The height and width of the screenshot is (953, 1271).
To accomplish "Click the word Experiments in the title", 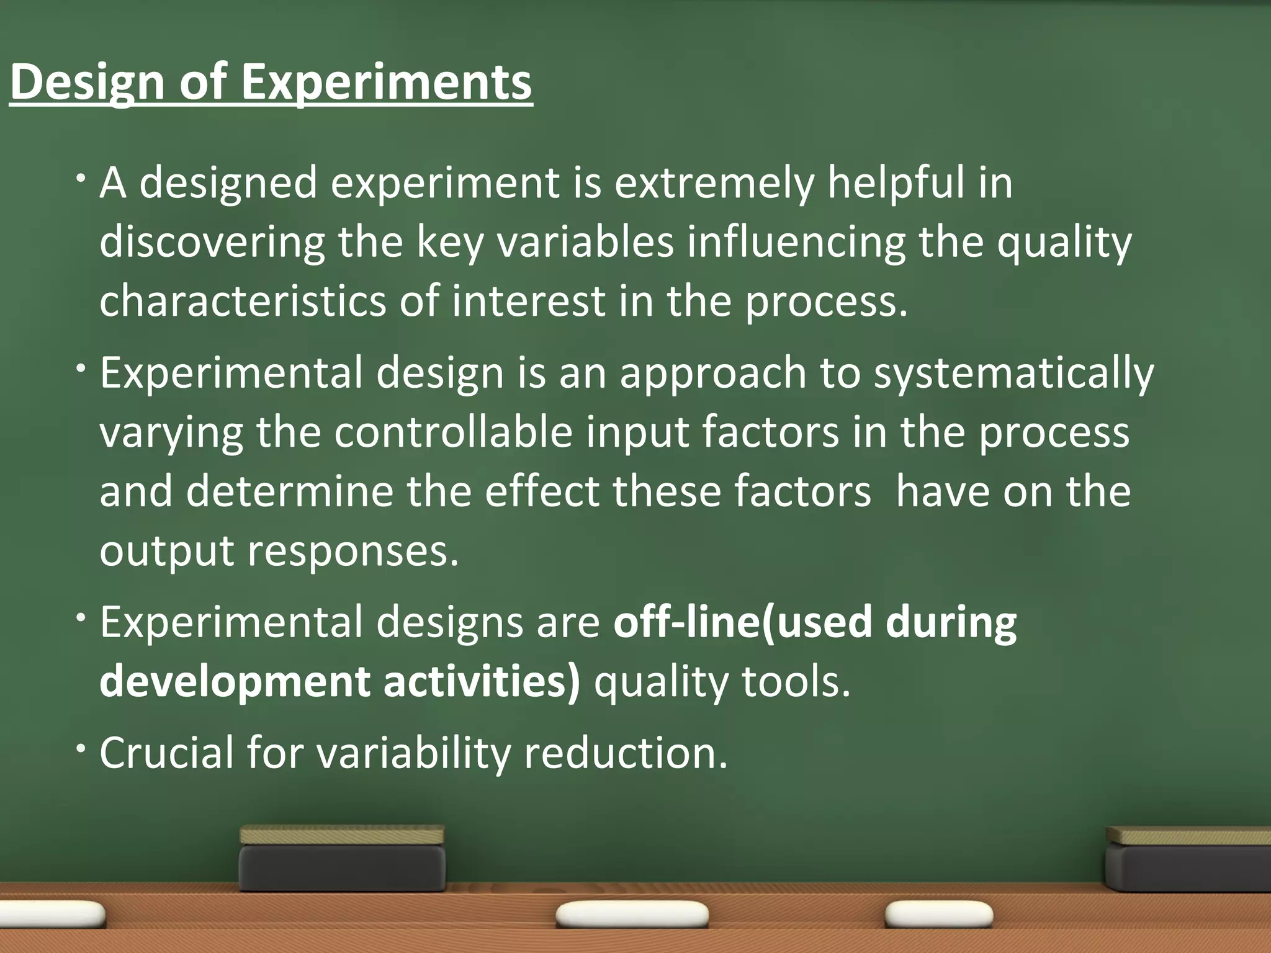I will pos(386,82).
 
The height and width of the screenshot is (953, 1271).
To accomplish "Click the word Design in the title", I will pos(88,82).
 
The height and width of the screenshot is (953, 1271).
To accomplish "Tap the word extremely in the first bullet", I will pos(714,183).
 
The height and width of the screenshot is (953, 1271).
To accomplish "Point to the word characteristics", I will pos(243,301).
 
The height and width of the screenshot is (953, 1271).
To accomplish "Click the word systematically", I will pos(1013,374).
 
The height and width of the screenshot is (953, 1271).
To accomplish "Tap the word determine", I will pos(289,491).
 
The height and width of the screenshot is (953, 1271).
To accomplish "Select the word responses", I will pos(353,551).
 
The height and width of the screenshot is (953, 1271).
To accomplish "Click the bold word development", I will pos(235,681).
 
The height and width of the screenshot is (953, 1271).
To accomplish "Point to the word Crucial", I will pos(166,753).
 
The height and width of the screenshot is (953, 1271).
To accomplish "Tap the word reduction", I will pos(626,753).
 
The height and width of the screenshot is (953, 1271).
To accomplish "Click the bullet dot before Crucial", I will pos(81,748).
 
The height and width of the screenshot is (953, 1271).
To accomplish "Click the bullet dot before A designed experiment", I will pos(81,179).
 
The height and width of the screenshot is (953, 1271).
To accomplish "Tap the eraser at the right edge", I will pos(1188,859).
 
